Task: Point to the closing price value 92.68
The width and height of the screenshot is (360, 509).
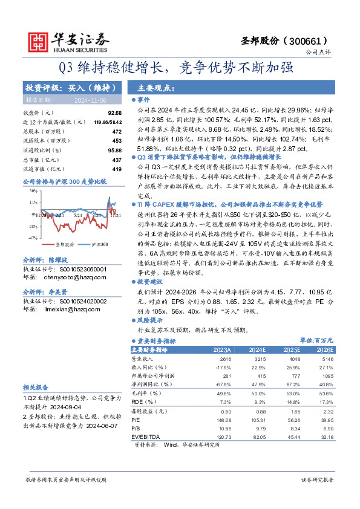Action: click(x=114, y=113)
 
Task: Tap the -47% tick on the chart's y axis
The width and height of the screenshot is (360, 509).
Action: click(x=32, y=221)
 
